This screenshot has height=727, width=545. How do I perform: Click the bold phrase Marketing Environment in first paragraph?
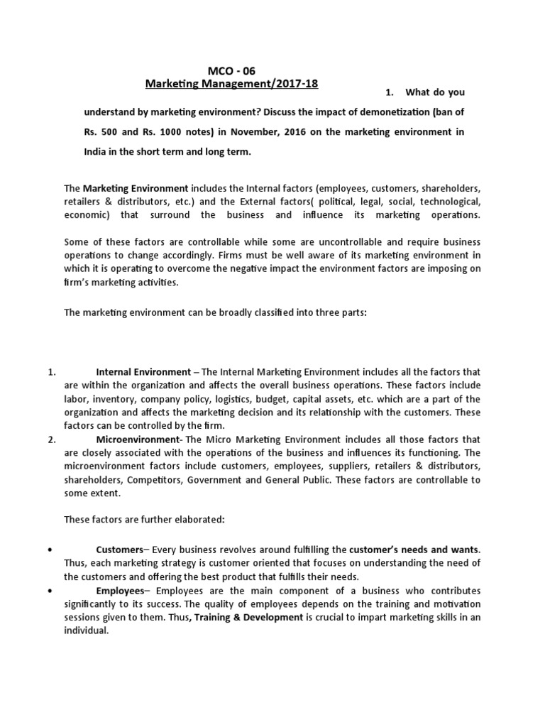click(x=136, y=188)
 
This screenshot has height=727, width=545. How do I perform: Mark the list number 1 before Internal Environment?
click(x=51, y=372)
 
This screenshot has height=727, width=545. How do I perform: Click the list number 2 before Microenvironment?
click(x=51, y=439)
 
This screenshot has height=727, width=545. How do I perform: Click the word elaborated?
click(x=197, y=520)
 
